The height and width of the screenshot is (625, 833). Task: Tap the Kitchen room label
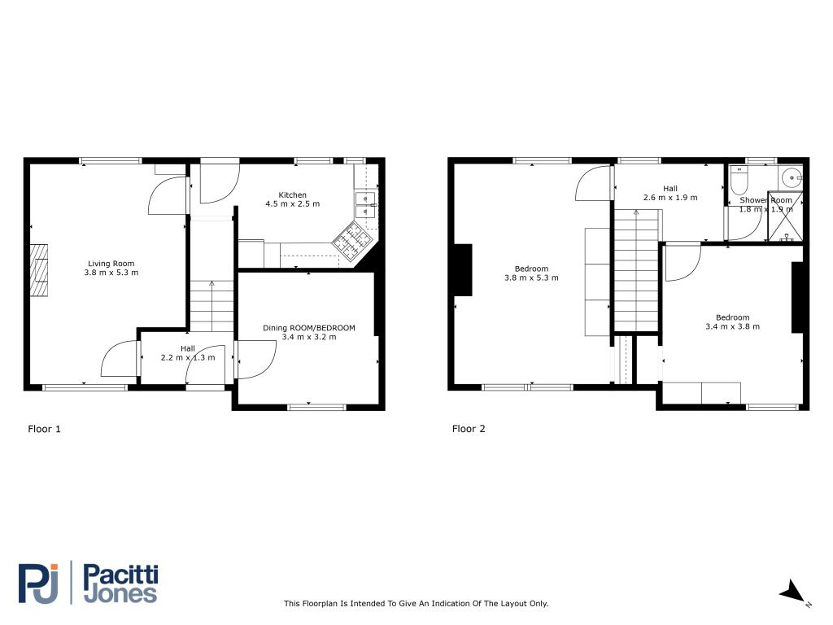pyautogui.click(x=292, y=195)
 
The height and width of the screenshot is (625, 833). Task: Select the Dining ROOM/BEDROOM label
pyautogui.click(x=308, y=328)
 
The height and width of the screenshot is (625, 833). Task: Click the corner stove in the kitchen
pyautogui.click(x=351, y=241)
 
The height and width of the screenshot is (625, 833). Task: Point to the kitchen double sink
pyautogui.click(x=365, y=204)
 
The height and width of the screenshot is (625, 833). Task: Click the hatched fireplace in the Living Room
pyautogui.click(x=39, y=270)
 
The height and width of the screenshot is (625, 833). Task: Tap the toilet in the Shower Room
pyautogui.click(x=739, y=180)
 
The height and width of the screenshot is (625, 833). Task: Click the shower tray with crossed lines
pyautogui.click(x=785, y=216)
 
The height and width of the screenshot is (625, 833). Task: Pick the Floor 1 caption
pyautogui.click(x=44, y=429)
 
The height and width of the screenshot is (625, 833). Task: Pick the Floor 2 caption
pyautogui.click(x=469, y=429)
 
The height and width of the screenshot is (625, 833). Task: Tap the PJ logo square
pyautogui.click(x=37, y=583)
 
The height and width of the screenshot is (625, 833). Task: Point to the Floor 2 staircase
pyautogui.click(x=636, y=270)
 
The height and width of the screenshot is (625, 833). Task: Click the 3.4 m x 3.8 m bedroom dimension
pyautogui.click(x=733, y=326)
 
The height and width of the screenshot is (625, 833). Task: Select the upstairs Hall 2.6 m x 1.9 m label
pyautogui.click(x=670, y=193)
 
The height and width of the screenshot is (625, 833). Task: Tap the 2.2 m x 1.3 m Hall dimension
pyautogui.click(x=188, y=358)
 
